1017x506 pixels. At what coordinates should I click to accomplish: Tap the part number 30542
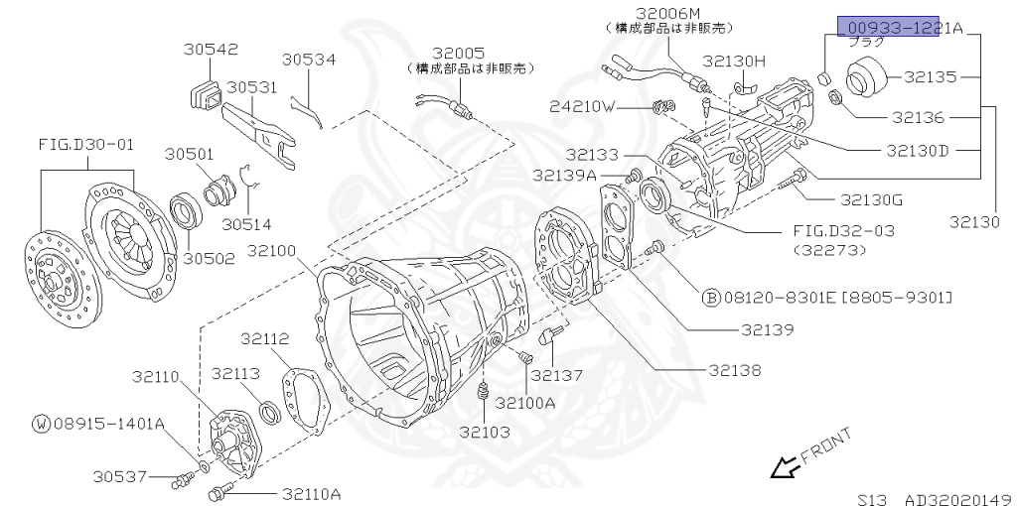211,49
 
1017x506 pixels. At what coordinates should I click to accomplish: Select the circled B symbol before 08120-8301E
711,297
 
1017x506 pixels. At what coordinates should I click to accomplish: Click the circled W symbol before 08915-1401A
41,424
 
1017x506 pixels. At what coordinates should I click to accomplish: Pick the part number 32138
735,370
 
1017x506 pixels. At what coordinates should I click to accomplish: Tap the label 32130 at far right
973,222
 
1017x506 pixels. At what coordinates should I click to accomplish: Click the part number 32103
485,432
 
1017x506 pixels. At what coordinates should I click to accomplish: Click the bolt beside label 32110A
220,492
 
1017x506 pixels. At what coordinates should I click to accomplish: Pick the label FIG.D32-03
843,230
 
